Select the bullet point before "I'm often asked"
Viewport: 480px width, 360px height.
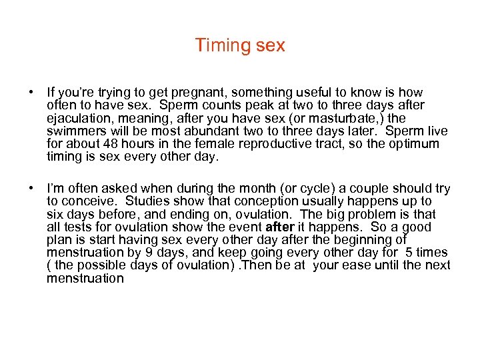click(x=32, y=189)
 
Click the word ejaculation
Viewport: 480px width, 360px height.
click(x=77, y=118)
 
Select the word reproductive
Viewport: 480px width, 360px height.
click(x=283, y=143)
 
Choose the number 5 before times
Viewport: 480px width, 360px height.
click(x=408, y=253)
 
